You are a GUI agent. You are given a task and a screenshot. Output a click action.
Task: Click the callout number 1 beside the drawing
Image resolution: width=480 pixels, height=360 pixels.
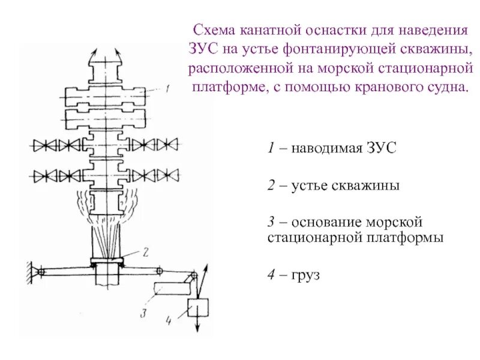[169, 88]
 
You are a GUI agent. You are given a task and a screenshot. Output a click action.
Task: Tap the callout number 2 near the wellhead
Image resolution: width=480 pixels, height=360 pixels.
[145, 251]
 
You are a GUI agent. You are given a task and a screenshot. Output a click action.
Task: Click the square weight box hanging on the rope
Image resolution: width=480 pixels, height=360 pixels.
[198, 308]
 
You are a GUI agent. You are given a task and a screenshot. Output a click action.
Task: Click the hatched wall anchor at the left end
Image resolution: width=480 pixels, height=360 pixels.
[28, 272]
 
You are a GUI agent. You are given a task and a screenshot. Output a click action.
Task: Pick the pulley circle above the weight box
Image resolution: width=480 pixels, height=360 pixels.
[193, 277]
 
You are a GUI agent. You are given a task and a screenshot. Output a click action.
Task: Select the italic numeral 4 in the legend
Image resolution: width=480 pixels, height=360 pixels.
[272, 276]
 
